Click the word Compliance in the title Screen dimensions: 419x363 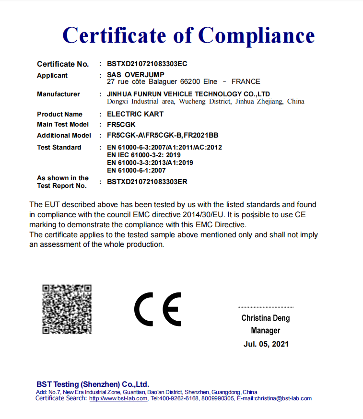257,35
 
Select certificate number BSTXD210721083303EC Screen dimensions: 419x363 147,64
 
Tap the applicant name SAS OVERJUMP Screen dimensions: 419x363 136,75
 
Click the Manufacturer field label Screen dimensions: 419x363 59,94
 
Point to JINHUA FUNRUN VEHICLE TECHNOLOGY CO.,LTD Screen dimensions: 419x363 188,94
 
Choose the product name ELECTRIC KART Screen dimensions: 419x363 135,114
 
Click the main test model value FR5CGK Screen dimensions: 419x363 121,125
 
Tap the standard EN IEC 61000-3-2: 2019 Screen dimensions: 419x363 144,155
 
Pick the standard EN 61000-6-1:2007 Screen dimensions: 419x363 136,170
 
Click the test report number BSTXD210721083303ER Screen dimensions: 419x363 147,182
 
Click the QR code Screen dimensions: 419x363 67,309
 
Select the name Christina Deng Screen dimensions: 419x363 265,318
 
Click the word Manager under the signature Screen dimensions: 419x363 265,330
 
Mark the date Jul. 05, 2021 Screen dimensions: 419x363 266,344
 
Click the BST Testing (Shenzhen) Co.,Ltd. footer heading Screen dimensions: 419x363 93,384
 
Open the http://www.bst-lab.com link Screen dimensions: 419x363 118,398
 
